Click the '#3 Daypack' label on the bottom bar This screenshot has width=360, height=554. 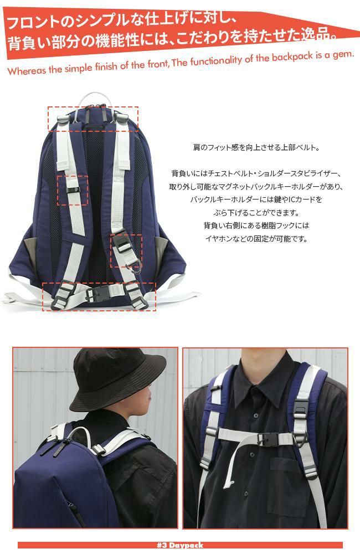[180, 545]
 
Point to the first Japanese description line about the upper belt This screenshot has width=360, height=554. [256, 148]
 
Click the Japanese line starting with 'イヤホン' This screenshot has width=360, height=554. [256, 239]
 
